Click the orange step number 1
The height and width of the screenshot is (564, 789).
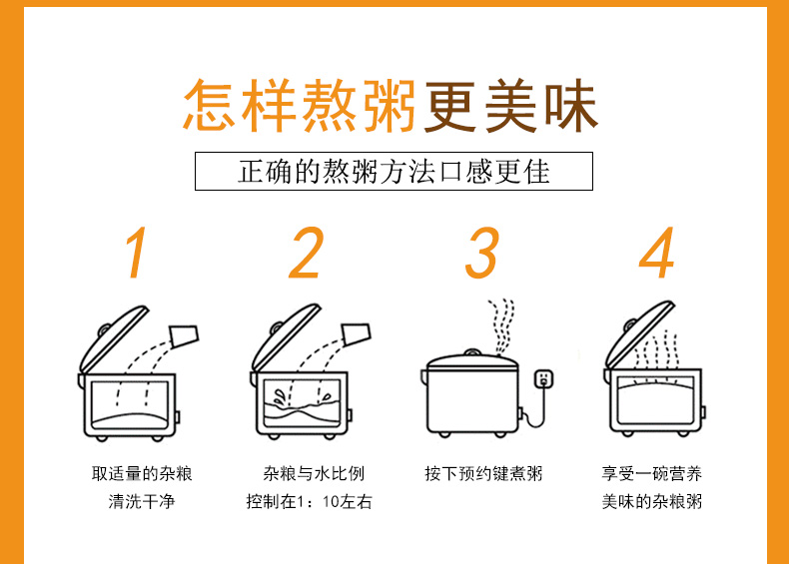click(137, 254)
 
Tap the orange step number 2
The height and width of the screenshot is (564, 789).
click(307, 254)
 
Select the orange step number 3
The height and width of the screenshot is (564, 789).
click(481, 254)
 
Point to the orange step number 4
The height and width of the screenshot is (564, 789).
click(656, 254)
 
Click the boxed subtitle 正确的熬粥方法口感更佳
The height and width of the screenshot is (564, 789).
click(394, 171)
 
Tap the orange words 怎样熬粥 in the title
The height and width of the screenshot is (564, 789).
click(299, 105)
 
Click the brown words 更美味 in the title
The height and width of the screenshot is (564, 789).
click(509, 105)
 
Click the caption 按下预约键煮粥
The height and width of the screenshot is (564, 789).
click(482, 473)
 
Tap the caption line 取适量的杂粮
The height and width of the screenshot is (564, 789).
click(141, 473)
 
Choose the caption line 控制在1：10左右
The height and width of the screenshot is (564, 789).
click(309, 502)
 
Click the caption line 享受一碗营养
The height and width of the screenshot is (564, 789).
click(651, 473)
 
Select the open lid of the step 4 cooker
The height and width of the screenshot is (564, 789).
click(639, 335)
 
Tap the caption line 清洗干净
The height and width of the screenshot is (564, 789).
click(141, 502)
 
